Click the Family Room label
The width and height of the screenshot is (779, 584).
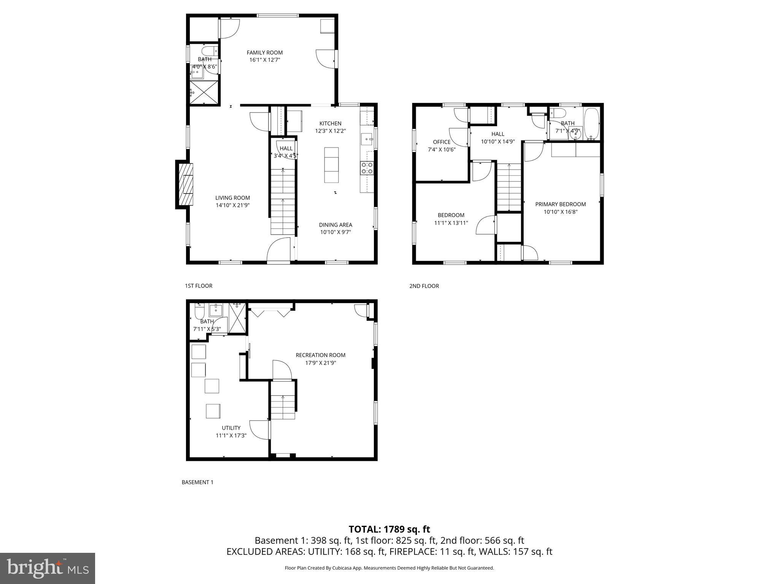coord(265,52)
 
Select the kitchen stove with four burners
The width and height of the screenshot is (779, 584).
coord(367,168)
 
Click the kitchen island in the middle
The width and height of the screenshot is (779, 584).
coord(331,165)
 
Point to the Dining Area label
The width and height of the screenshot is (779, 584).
coord(335,225)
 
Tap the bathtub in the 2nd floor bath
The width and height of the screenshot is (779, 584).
coord(591,124)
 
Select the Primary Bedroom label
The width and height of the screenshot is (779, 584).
coord(560,204)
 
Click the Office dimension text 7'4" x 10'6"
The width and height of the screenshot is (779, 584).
coord(442,149)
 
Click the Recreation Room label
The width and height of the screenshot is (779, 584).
coord(321,355)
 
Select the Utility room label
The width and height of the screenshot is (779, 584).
coord(231,428)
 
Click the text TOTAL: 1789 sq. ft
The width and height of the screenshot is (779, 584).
coord(389,529)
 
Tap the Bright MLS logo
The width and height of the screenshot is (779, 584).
coord(48,568)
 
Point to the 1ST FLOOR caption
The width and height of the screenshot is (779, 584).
coord(199,286)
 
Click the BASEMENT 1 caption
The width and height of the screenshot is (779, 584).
coord(197,482)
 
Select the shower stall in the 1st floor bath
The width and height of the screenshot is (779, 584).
coord(204,92)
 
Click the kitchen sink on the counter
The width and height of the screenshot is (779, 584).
coord(367,139)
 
